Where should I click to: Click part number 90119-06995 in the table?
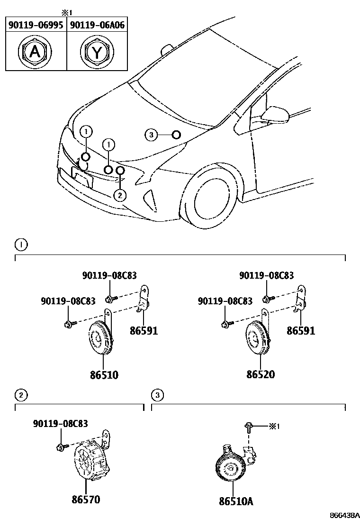click(x=36, y=25)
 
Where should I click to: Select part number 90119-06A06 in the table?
click(x=97, y=25)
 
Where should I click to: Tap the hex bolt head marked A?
click(x=35, y=52)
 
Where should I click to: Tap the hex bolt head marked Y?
click(x=97, y=52)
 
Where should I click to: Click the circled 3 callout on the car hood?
click(x=151, y=136)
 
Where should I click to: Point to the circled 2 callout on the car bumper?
click(x=120, y=194)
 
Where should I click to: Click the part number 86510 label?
click(x=104, y=374)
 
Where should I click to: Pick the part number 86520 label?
click(x=261, y=374)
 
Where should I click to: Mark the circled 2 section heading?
click(x=20, y=394)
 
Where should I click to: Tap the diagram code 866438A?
click(x=345, y=515)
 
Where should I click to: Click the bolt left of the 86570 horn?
click(x=61, y=447)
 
